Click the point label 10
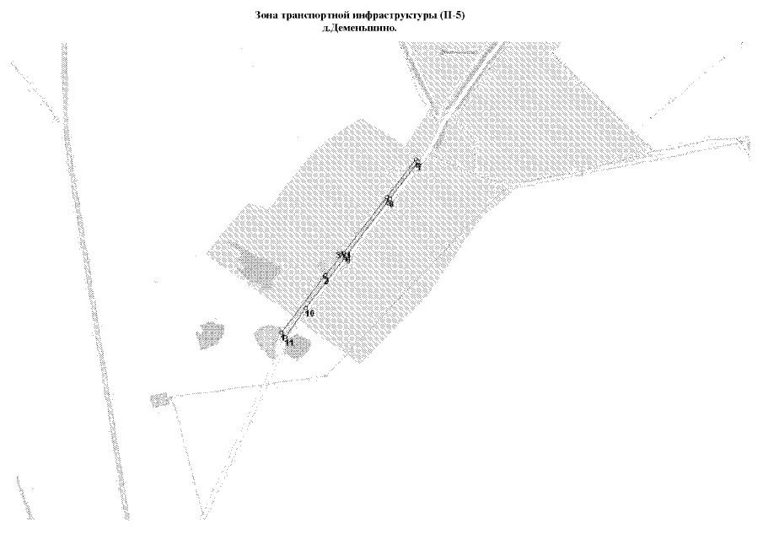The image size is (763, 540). [x=309, y=314]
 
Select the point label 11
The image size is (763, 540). [x=288, y=343]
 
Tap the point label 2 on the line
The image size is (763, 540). [x=326, y=281]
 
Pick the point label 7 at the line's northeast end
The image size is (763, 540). [x=418, y=168]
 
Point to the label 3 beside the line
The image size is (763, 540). [x=339, y=255]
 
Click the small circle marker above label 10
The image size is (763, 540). [x=307, y=307]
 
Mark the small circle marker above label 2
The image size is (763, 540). [x=325, y=275]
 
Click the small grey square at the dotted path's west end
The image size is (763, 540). [x=157, y=399]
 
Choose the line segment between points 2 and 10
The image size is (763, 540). [x=318, y=294]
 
